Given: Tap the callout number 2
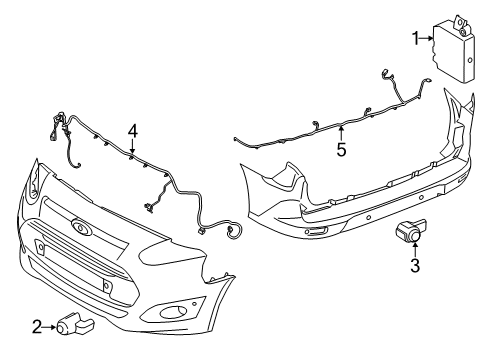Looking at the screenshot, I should [37, 325].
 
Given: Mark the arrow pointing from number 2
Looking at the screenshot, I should [50, 325].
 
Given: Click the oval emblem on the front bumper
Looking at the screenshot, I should [80, 226].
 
